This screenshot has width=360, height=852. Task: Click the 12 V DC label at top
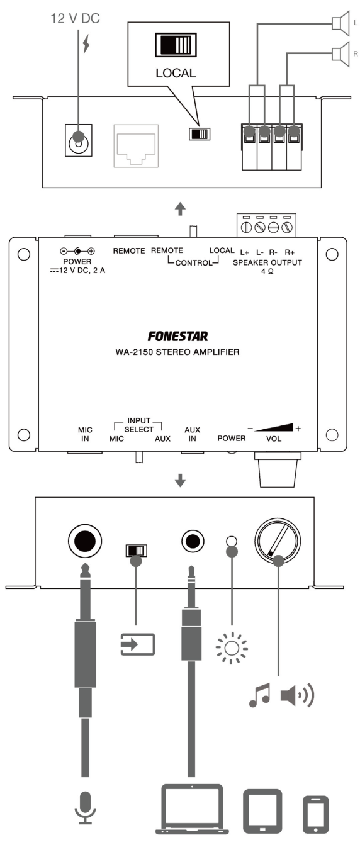coord(76,18)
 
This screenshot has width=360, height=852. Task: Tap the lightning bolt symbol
coord(86,44)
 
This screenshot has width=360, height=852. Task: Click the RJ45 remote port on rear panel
coord(136,146)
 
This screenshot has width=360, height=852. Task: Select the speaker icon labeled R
coord(340,53)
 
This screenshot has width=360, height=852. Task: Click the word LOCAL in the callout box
coord(176,73)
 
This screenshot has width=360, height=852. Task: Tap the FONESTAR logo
coord(177,336)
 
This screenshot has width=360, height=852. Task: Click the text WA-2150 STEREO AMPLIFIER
coord(177,352)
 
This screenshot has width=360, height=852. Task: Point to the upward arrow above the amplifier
coord(180,209)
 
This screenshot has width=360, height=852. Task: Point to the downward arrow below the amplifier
coord(180,480)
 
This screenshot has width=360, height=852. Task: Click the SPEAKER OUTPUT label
coord(267,262)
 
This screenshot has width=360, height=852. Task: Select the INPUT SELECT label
coord(138,425)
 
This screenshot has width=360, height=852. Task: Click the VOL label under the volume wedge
coord(274,439)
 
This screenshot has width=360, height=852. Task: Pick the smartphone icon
coord(315,814)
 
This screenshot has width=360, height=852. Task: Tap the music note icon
coord(259,695)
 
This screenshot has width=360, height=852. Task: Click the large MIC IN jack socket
coord(85,541)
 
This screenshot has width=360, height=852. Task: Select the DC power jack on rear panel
coord(79,140)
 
